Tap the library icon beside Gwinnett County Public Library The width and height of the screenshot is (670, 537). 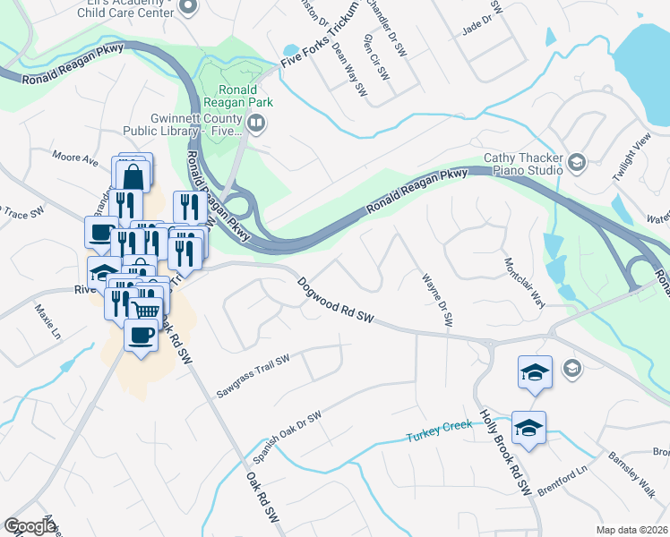point(256,124)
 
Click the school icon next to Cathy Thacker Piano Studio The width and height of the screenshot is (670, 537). point(576,163)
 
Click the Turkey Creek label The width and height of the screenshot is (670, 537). point(439,435)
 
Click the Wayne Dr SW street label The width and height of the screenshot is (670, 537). point(435,301)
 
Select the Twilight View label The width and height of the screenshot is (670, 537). point(630,160)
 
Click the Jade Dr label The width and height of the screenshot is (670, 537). point(477,23)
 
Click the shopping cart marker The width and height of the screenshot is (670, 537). point(146,309)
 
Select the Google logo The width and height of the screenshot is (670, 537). point(30,526)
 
